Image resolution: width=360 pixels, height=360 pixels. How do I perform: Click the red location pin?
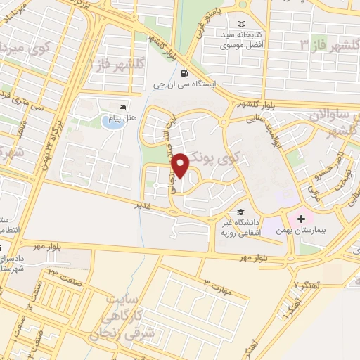pyautogui.click(x=181, y=165)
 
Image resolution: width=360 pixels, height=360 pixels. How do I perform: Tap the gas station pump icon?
pyautogui.click(x=184, y=73)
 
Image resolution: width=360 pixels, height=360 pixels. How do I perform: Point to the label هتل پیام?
pyautogui.click(x=122, y=118)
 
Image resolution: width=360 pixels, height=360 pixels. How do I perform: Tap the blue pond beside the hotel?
pyautogui.click(x=111, y=122)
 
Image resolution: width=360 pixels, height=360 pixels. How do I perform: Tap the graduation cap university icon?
pyautogui.click(x=240, y=212)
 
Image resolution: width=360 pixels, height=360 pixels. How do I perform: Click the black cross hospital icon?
pyautogui.click(x=302, y=219)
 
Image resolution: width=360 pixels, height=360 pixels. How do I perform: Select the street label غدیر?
pyautogui.click(x=144, y=206)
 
